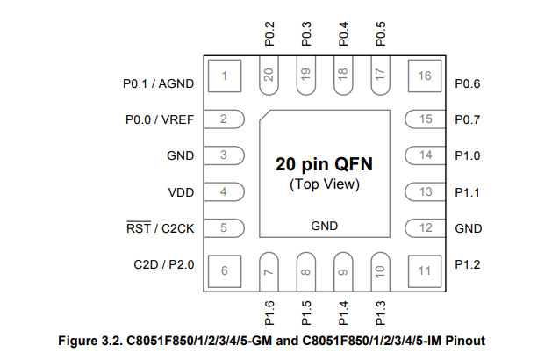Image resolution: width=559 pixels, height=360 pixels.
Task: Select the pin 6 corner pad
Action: (x=225, y=270)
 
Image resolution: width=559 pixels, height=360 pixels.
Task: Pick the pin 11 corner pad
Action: (x=425, y=270)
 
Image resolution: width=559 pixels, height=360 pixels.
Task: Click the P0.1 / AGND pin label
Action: (x=158, y=84)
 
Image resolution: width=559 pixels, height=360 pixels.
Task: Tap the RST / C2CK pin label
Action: (x=160, y=228)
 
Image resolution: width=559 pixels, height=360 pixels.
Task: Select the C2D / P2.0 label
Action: (x=164, y=264)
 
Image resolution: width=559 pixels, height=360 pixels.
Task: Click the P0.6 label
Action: (x=468, y=84)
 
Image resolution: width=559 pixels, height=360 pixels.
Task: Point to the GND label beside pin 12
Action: (x=469, y=228)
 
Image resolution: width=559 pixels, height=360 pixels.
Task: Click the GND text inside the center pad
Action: (x=325, y=227)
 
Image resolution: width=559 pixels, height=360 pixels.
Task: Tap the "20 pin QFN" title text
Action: (x=324, y=164)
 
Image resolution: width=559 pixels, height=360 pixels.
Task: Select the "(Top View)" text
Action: (x=325, y=185)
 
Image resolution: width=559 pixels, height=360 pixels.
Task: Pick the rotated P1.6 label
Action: (x=270, y=312)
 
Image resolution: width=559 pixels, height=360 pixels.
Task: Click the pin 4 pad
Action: (x=224, y=191)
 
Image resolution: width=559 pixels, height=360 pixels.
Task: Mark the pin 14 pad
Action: (x=425, y=155)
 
